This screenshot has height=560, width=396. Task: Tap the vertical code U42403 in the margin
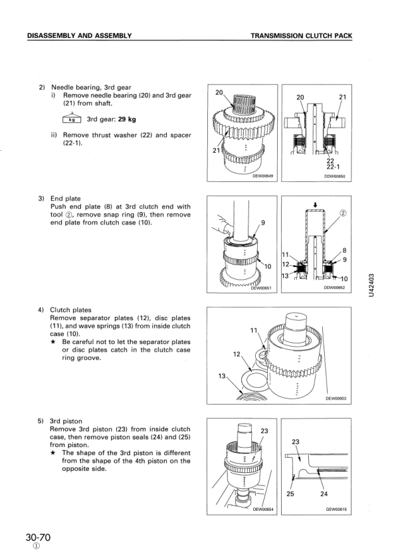(x=371, y=285)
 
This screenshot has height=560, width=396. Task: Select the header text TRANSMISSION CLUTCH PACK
(x=302, y=36)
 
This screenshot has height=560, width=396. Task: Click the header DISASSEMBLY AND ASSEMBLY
(x=80, y=36)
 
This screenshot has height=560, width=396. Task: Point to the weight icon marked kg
(x=72, y=118)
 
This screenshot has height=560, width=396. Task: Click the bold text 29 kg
(x=127, y=120)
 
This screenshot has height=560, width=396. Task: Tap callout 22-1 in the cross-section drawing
(x=333, y=167)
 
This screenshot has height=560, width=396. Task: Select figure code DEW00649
(x=263, y=175)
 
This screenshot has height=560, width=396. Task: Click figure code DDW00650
(x=334, y=176)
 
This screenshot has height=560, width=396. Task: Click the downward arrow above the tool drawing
(x=315, y=205)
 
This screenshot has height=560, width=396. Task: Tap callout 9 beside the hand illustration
(x=263, y=223)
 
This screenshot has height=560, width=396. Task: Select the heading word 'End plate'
(x=65, y=199)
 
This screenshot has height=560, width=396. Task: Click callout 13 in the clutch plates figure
(x=222, y=376)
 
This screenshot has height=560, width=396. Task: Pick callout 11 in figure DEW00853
(x=254, y=330)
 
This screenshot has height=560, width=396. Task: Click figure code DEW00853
(x=336, y=399)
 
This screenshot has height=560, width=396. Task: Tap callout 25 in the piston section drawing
(x=290, y=494)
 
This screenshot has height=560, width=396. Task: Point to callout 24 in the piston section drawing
(x=324, y=494)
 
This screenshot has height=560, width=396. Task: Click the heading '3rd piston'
(x=66, y=421)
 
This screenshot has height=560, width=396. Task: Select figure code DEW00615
(x=336, y=510)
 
